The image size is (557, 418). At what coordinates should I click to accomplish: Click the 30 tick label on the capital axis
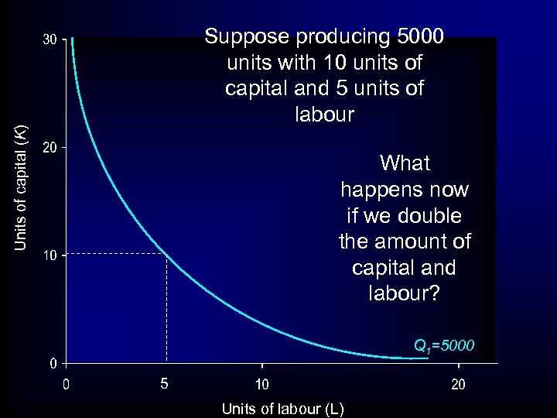49,39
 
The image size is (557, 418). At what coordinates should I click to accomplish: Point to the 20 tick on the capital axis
49,147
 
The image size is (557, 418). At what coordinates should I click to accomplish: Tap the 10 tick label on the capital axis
49,255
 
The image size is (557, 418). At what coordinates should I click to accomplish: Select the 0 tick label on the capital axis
52,363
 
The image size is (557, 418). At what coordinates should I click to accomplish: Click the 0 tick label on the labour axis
67,383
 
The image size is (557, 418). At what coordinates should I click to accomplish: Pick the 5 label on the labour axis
164,383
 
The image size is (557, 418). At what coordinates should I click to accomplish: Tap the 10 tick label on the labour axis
262,383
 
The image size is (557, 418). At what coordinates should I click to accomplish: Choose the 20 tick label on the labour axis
458,383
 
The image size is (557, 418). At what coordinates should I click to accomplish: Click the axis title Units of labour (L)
282,408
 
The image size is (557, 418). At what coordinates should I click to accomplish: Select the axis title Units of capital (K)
22,187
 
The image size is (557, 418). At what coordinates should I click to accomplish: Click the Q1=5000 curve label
444,345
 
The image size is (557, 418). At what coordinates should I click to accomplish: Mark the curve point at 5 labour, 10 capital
166,254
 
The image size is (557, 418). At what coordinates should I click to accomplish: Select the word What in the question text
405,163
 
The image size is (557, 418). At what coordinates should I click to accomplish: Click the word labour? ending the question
405,294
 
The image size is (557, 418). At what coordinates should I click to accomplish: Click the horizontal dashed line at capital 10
116,253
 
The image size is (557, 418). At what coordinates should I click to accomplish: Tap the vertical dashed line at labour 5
166,310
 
